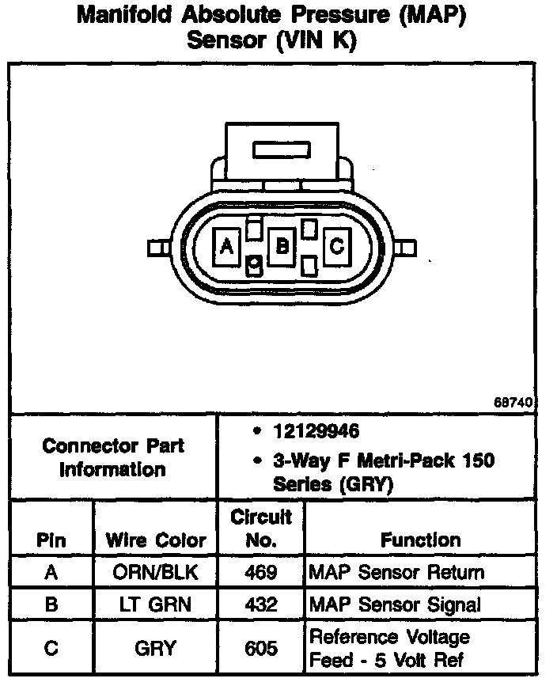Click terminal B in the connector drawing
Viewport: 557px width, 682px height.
tap(281, 247)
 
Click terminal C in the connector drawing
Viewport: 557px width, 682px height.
tap(336, 247)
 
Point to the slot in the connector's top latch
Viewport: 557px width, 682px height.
tap(282, 149)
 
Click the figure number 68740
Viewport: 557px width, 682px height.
tap(513, 402)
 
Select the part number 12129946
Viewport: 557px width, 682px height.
tap(316, 431)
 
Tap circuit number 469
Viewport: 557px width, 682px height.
tap(261, 572)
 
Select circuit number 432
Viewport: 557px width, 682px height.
tap(261, 605)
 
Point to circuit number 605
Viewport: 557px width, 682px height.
tap(261, 648)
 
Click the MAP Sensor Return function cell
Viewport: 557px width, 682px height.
tap(396, 572)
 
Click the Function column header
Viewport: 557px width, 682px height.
tap(420, 540)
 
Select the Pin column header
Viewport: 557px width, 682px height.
tap(51, 541)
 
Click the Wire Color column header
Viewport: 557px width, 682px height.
tap(155, 541)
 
